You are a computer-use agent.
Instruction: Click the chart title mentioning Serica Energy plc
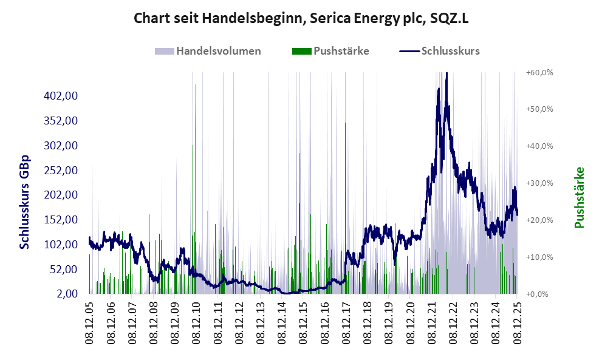click(301, 18)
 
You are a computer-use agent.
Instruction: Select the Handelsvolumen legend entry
click(208, 51)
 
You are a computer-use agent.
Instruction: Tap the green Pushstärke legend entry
click(332, 51)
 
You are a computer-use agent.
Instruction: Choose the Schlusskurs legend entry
click(440, 51)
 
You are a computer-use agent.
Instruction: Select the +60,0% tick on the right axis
click(539, 72)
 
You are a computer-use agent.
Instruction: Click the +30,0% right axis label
click(539, 183)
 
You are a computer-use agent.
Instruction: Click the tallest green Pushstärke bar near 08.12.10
click(196, 182)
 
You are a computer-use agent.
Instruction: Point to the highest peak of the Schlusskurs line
click(446, 74)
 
